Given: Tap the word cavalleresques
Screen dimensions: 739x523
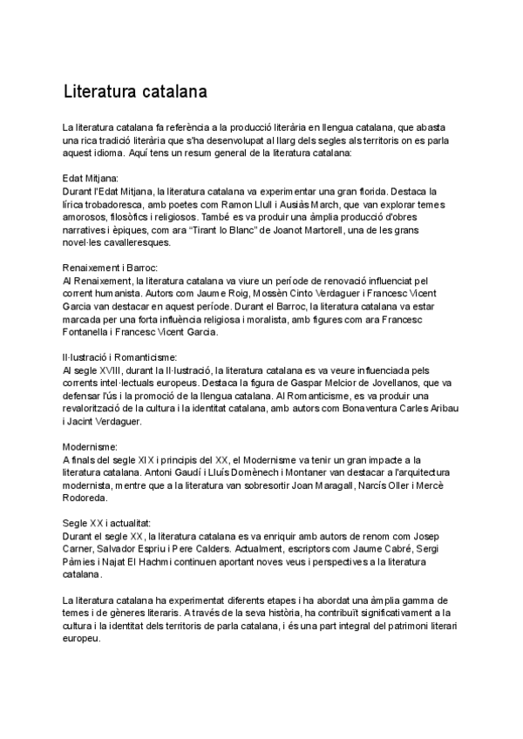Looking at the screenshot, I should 153,243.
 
